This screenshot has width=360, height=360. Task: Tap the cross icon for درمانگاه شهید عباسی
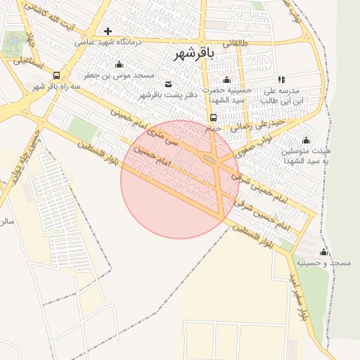108,31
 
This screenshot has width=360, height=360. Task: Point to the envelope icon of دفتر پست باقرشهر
167,84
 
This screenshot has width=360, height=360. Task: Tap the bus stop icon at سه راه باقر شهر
56,75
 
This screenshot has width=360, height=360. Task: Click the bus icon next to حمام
213,117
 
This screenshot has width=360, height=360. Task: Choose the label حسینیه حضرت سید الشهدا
226,95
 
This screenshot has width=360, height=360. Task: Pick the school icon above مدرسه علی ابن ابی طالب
281,80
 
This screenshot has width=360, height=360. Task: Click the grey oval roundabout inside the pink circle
210,160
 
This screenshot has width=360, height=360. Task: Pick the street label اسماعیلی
29,65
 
